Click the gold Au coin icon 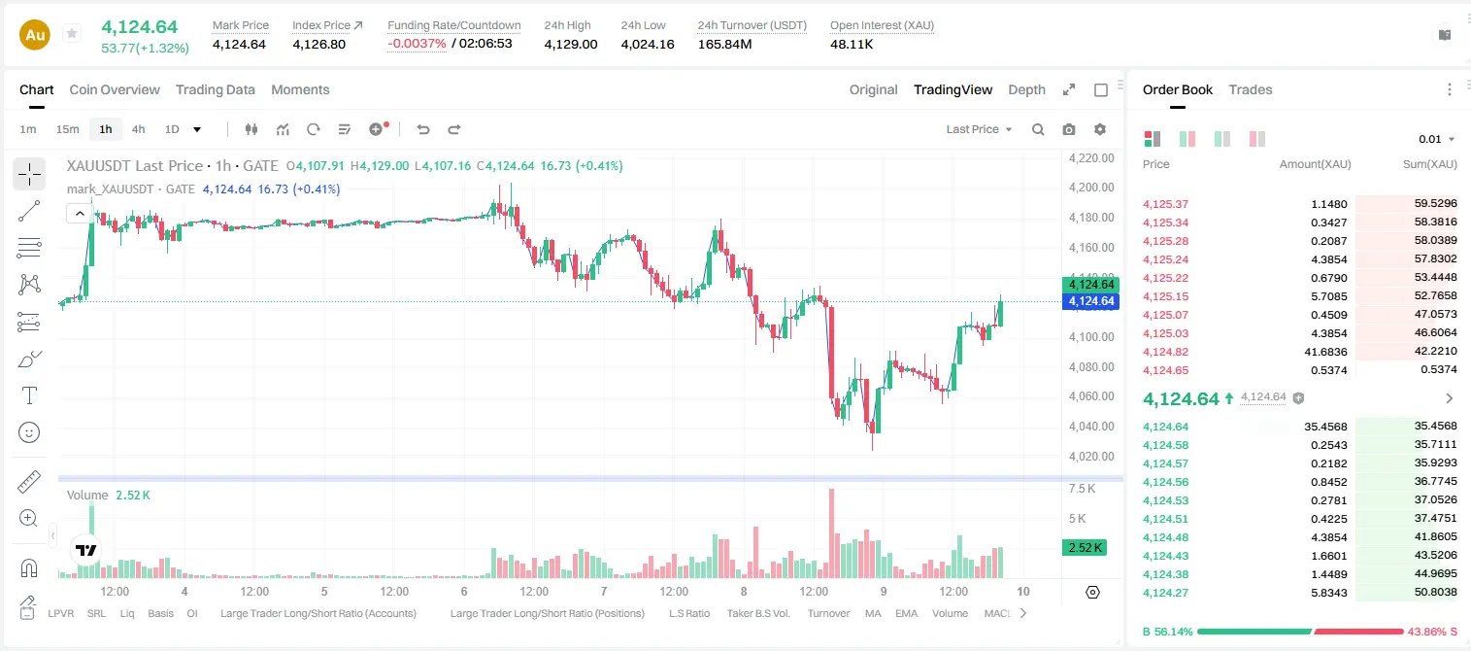35,35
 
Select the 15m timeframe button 68,129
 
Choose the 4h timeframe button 138,129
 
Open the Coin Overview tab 115,89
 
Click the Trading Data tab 216,89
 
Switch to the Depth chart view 1026,89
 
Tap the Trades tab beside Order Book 1251,89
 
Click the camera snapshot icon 1069,129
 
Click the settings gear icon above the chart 1100,129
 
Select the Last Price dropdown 979,129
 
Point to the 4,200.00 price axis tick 1091,188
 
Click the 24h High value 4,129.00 571,44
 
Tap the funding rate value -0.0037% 417,44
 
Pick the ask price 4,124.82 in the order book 1166,352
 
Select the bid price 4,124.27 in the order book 1166,592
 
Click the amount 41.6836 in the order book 1325,352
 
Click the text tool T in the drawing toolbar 29,395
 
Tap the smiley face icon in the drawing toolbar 29,432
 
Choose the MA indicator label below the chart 873,613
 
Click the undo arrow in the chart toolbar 423,129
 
